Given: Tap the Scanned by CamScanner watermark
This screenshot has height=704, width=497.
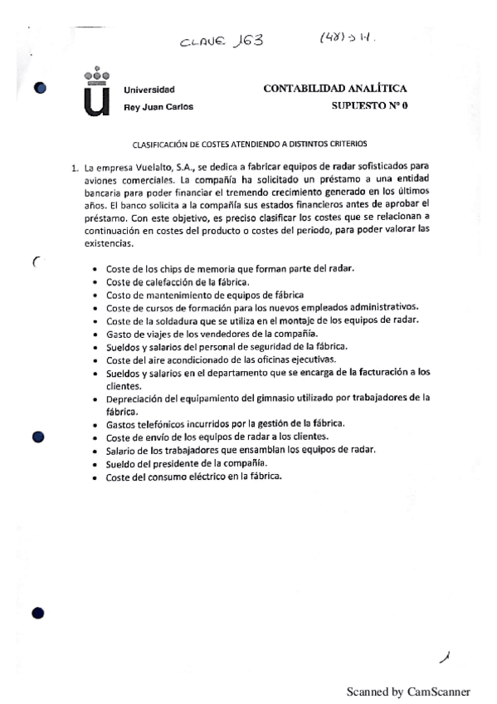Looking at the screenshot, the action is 407,691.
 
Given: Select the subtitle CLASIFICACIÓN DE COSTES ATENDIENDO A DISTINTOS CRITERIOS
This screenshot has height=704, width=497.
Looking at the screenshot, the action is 249,142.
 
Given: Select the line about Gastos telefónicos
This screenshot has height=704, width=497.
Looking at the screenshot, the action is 227,423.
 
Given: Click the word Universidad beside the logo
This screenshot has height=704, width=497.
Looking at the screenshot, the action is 149,90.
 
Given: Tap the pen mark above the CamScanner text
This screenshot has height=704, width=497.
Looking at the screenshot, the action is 446,657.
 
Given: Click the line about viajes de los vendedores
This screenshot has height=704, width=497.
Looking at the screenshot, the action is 207,333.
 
